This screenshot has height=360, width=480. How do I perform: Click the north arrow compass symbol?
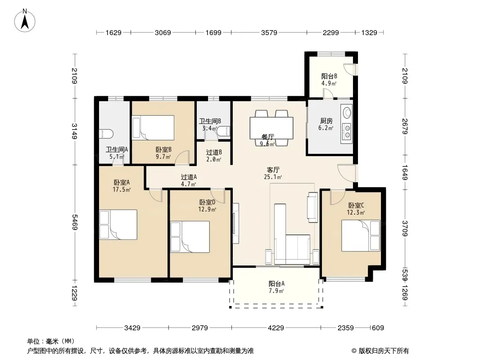click(25, 21)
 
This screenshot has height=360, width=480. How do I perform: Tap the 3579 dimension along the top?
click(269, 32)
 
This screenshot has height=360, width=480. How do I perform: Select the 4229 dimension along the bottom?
click(276, 328)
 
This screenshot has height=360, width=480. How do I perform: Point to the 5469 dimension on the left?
click(75, 222)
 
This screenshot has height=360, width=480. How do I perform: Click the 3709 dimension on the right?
click(405, 229)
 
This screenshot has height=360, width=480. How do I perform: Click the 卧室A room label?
click(122, 183)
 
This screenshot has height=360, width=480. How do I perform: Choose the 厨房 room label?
click(326, 121)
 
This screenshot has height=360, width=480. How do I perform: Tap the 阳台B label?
click(329, 76)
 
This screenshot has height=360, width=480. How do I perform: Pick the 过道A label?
click(189, 177)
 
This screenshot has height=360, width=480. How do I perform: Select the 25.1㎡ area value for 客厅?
click(273, 177)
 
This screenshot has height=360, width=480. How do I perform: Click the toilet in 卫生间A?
click(106, 134)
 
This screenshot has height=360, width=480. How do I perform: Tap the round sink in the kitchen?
click(347, 112)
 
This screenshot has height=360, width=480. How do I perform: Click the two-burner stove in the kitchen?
click(347, 131)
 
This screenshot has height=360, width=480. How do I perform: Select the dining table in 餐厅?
click(272, 128)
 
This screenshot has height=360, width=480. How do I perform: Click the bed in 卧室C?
click(361, 235)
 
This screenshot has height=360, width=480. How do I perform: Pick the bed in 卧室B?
click(153, 127)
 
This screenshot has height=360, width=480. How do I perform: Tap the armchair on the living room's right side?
click(312, 207)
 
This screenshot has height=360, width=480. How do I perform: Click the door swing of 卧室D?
click(218, 196)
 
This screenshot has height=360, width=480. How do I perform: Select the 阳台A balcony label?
click(276, 283)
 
